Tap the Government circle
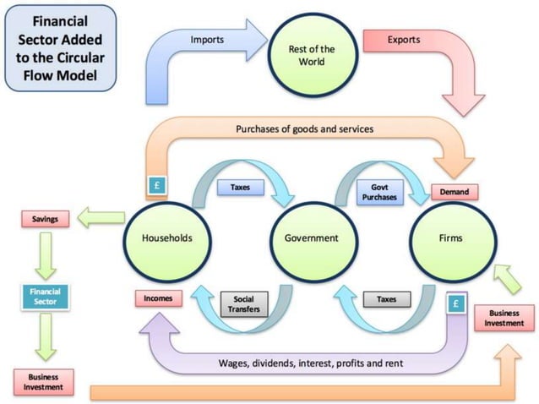coord(311,238)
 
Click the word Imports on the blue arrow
coord(207,40)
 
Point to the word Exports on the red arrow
coord(403,40)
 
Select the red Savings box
coord(45,220)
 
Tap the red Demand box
coord(455,192)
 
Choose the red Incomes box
coord(159,298)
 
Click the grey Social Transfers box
coord(243,303)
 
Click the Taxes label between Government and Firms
coord(386,298)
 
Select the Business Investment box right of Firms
coord(504,317)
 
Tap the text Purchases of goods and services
coord(307,129)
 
